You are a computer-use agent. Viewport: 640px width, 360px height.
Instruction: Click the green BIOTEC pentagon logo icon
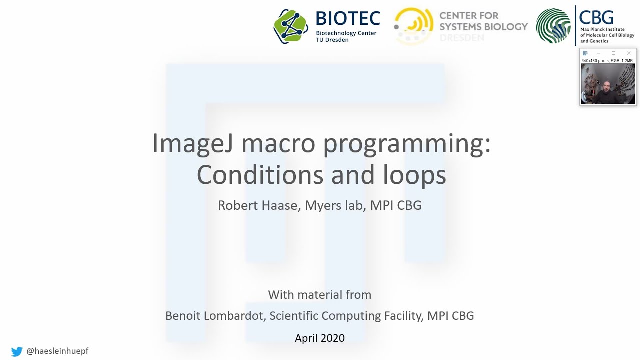[291, 26]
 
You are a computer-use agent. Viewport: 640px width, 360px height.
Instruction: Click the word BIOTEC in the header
[348, 19]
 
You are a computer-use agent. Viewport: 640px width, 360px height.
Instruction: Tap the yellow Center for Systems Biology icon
[413, 26]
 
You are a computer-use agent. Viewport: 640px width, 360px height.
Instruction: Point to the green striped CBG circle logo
[553, 26]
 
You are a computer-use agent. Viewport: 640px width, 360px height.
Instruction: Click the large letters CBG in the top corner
[596, 17]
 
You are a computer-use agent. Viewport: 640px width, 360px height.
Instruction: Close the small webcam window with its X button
[629, 53]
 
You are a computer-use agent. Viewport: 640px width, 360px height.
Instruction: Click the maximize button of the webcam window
[614, 53]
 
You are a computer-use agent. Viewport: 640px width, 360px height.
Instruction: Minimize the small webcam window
[599, 53]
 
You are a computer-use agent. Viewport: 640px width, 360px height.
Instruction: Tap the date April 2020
[320, 338]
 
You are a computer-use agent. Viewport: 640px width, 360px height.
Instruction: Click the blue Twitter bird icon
[17, 351]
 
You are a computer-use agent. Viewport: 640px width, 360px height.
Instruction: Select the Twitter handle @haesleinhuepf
[57, 351]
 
